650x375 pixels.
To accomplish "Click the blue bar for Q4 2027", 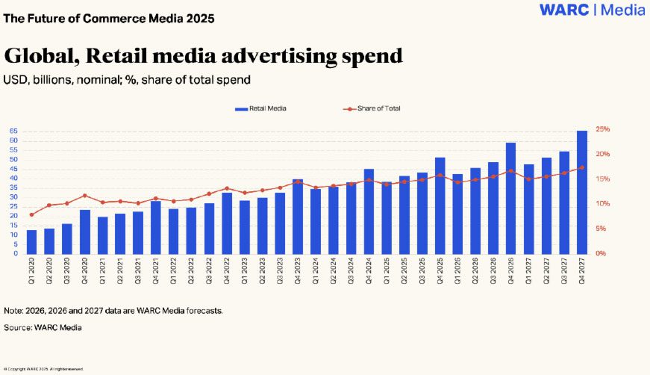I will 582,192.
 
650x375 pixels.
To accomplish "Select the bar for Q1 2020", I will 31,241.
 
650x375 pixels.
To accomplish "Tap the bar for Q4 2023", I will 298,217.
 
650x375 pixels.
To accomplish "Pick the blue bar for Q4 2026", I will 511,198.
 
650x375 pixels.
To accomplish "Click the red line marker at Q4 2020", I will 85,196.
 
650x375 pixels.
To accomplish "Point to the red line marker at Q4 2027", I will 582,167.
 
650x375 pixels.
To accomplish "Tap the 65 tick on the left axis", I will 14,131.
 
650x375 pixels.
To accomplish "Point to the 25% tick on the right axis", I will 604,129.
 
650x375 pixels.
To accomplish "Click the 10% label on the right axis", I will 604,204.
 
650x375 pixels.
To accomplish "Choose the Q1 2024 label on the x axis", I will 316,267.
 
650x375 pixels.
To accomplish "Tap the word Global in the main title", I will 43,55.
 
